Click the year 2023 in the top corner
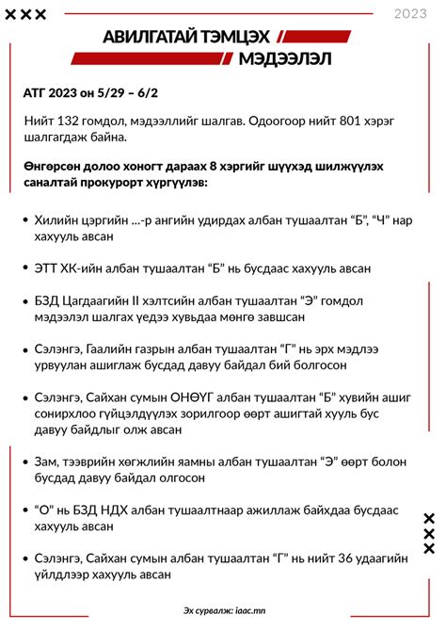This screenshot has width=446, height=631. tap(409, 13)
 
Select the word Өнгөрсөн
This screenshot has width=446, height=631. tap(55, 165)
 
